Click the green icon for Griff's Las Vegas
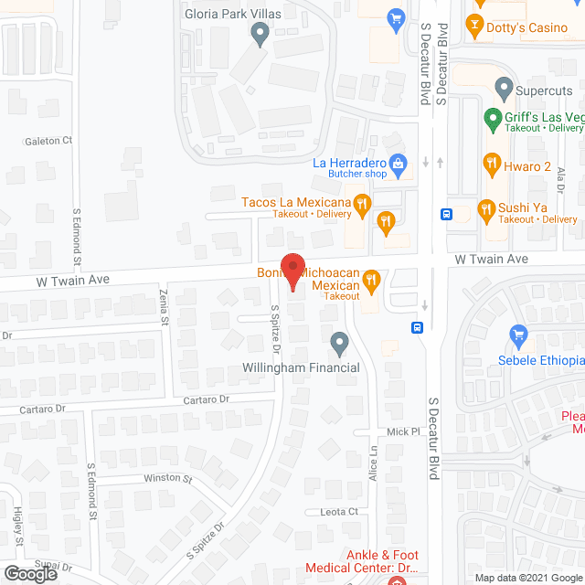[x=492, y=118]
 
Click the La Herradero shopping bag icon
[x=399, y=165]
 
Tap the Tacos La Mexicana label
[x=296, y=202]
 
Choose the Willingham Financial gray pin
[x=340, y=344]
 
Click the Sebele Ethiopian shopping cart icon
[x=518, y=335]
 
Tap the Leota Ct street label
[x=338, y=512]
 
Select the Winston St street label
[x=168, y=478]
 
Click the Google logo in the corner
[x=30, y=574]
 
